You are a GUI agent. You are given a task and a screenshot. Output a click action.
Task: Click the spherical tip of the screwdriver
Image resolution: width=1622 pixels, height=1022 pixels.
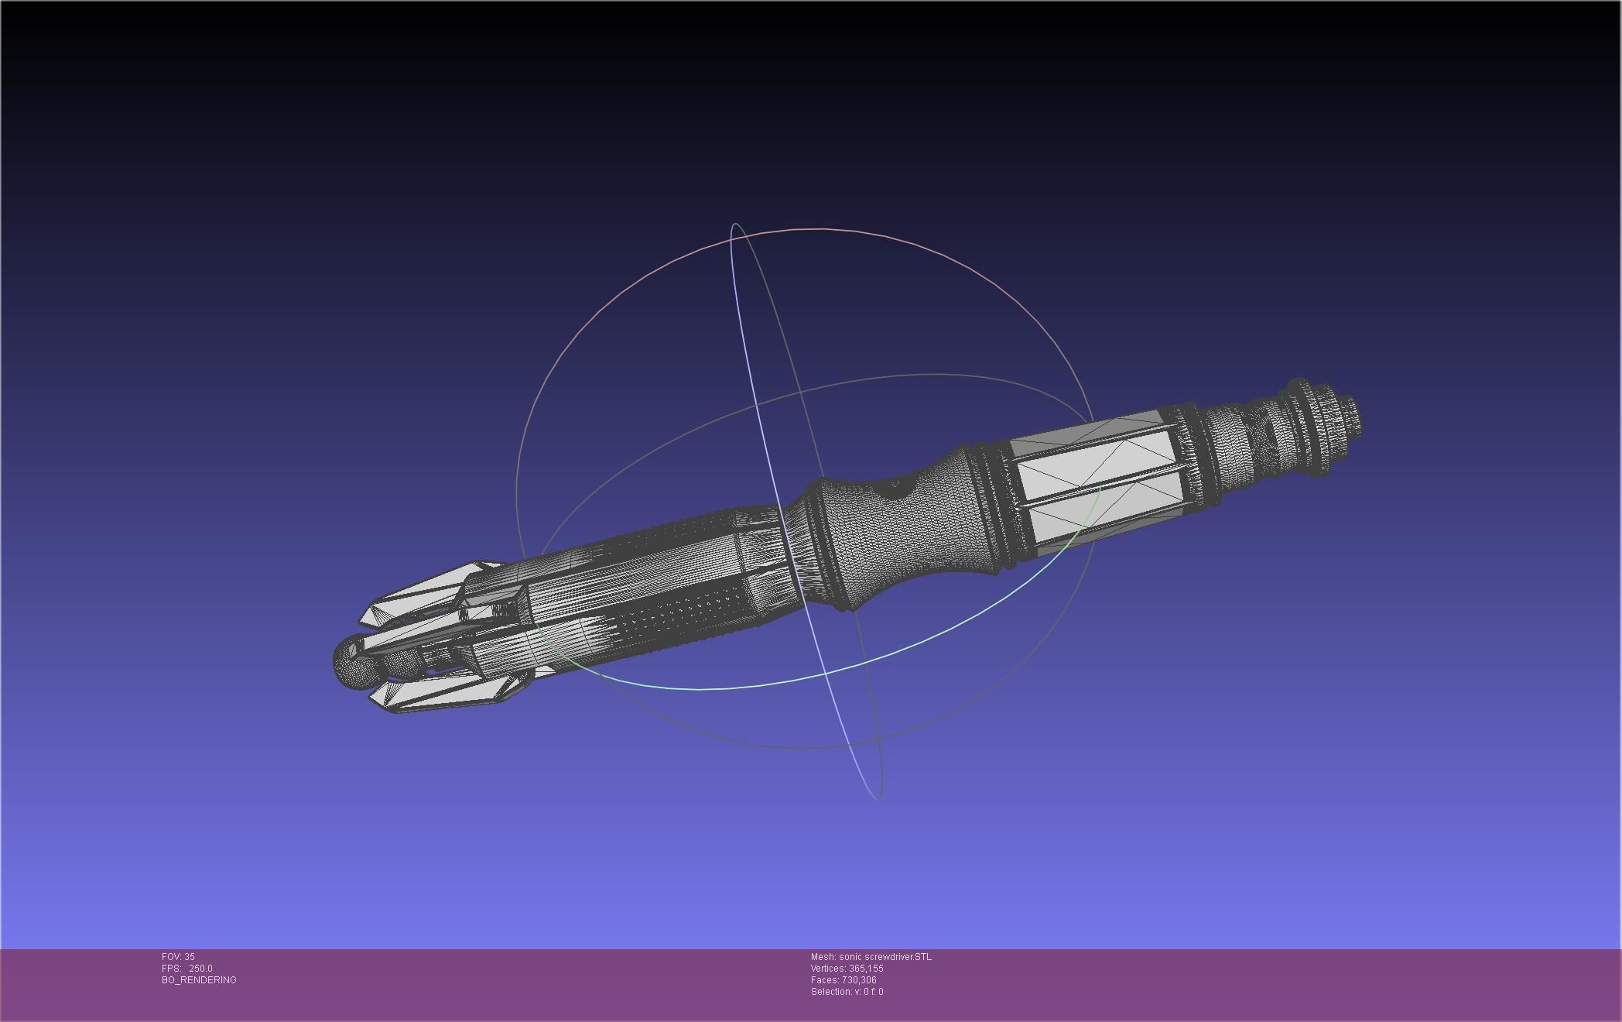tap(347, 660)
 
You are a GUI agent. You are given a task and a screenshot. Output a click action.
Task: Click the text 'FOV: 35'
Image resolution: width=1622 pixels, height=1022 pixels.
tap(178, 957)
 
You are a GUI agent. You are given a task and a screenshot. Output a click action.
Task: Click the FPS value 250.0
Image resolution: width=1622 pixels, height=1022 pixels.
tap(200, 969)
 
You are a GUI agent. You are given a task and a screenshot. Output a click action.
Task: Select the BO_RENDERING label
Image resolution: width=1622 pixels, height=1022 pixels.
tap(199, 980)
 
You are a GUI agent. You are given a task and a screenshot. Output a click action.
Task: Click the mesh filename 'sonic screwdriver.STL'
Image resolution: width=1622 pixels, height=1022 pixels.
tap(885, 957)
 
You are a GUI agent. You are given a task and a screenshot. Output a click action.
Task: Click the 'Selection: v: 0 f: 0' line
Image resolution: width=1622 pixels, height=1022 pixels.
tap(847, 992)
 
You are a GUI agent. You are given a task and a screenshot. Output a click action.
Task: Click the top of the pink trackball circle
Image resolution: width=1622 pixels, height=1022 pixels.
tap(813, 229)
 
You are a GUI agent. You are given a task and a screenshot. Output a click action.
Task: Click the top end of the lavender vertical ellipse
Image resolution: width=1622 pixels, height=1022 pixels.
tap(735, 225)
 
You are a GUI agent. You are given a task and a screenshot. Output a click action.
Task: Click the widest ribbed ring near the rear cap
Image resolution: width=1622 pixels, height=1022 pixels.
tap(1300, 426)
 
